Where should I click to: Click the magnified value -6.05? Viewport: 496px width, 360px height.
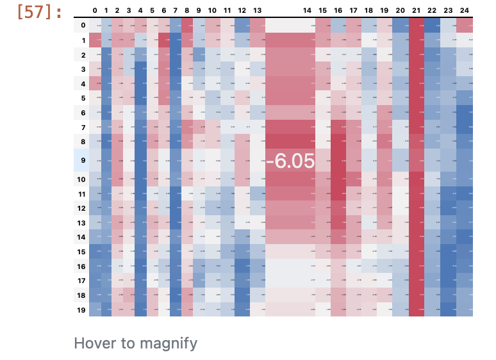(290, 161)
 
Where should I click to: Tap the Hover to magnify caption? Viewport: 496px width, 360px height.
(135, 343)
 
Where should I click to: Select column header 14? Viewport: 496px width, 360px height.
(307, 11)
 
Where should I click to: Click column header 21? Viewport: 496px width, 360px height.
(416, 11)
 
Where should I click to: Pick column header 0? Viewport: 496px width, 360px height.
(95, 11)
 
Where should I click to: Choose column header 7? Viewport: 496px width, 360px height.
(176, 11)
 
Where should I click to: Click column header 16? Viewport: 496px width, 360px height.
(338, 11)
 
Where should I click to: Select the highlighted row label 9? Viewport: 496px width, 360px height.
(81, 161)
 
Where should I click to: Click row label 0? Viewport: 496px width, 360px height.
(81, 25)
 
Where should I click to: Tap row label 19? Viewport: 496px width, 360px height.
(81, 309)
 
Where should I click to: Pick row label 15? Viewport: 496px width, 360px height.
(81, 252)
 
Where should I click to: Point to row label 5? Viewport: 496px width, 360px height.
(81, 97)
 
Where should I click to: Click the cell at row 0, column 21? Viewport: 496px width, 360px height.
(416, 25)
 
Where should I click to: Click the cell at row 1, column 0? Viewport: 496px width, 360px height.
(95, 40)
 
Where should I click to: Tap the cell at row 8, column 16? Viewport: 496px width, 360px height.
(338, 141)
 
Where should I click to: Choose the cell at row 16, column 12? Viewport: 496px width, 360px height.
(242, 266)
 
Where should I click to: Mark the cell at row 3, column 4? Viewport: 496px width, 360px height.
(141, 69)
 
